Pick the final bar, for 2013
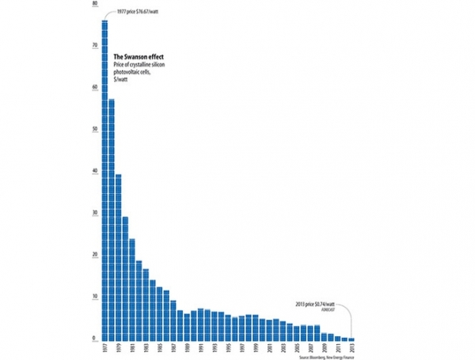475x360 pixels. (351, 339)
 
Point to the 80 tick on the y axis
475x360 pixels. (94, 4)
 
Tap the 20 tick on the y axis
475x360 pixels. (94, 255)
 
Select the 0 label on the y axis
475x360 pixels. (95, 339)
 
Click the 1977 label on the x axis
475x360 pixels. (104, 350)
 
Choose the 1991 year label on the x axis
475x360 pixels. (200, 350)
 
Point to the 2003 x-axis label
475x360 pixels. (283, 350)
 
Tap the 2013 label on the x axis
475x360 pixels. (351, 350)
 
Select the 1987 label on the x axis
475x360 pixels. (173, 350)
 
